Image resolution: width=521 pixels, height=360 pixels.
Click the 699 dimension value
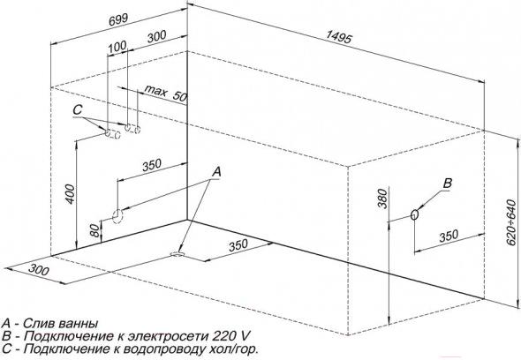[x=118, y=19]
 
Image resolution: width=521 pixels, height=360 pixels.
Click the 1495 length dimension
[x=338, y=37]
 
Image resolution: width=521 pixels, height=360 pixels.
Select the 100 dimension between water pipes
[x=117, y=47]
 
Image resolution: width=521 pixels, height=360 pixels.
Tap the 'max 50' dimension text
[x=165, y=94]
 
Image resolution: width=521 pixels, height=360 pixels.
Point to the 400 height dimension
[x=70, y=194]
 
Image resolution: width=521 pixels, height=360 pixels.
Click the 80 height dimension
[x=95, y=230]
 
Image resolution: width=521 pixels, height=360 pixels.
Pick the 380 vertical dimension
[x=382, y=199]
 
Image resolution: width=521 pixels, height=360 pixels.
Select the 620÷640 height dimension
[x=512, y=222]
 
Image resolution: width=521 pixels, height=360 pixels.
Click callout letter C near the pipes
[x=78, y=110]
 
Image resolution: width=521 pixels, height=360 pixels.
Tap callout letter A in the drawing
[x=216, y=172]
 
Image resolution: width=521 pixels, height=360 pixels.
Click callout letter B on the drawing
[x=448, y=183]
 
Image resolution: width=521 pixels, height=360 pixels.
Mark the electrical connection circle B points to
[x=414, y=215]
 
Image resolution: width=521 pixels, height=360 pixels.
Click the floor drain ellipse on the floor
[x=177, y=254]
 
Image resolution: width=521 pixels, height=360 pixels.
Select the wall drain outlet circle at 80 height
[x=117, y=216]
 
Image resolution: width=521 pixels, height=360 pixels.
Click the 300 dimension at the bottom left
[x=39, y=269]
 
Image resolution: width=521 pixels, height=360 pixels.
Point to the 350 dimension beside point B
[x=449, y=236]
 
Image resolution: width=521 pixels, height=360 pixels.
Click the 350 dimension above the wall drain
[x=152, y=165]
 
